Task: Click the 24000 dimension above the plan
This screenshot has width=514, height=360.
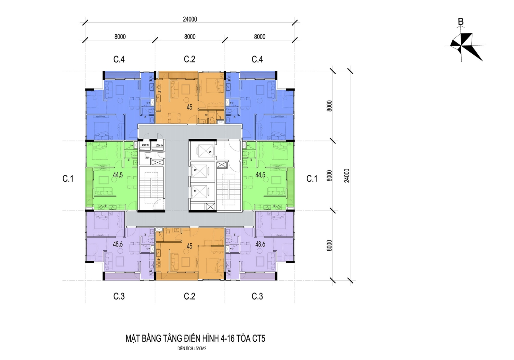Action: pyautogui.click(x=190, y=19)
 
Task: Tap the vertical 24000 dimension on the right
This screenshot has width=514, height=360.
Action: pyautogui.click(x=347, y=175)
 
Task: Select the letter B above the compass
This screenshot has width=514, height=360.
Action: pyautogui.click(x=461, y=22)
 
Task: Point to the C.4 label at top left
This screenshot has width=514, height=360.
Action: pyautogui.click(x=119, y=59)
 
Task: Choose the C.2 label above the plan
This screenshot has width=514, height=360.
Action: pyautogui.click(x=190, y=59)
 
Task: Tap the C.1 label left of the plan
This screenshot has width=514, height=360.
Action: pyautogui.click(x=68, y=179)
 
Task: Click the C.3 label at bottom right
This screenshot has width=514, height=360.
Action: pyautogui.click(x=257, y=296)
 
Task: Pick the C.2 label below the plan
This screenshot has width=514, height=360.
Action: pyautogui.click(x=190, y=296)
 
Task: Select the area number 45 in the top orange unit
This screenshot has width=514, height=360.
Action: pyautogui.click(x=190, y=107)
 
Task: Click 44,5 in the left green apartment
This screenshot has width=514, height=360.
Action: pyautogui.click(x=118, y=175)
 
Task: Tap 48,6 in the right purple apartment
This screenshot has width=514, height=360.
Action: pyautogui.click(x=260, y=244)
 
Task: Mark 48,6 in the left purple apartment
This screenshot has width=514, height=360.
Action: pyautogui.click(x=118, y=244)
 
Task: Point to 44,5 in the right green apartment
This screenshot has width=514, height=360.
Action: pyautogui.click(x=260, y=175)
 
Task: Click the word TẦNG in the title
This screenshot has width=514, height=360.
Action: pyautogui.click(x=173, y=338)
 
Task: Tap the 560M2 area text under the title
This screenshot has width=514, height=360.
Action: pyautogui.click(x=201, y=348)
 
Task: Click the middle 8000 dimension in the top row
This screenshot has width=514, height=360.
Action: pyautogui.click(x=190, y=37)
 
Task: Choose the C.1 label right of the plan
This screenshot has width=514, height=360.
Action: pyautogui.click(x=312, y=179)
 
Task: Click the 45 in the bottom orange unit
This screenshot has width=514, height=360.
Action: pyautogui.click(x=190, y=246)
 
